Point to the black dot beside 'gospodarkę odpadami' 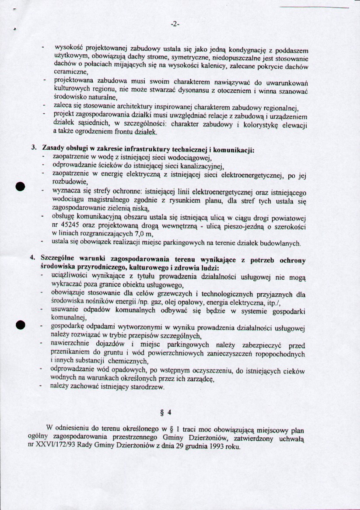[x=19, y=325]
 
